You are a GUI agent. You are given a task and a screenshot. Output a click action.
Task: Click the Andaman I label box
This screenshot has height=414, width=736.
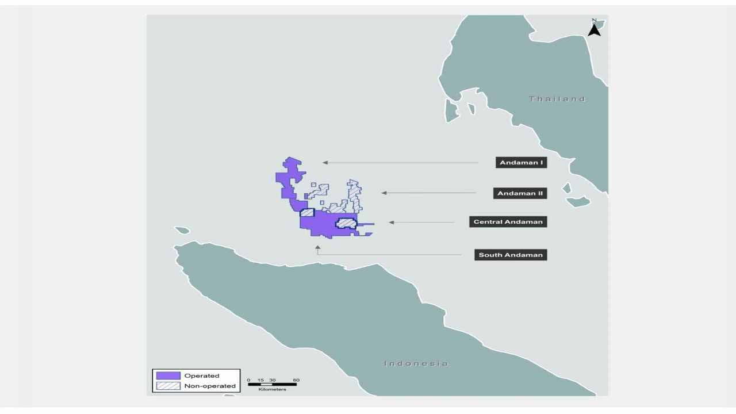click(x=521, y=163)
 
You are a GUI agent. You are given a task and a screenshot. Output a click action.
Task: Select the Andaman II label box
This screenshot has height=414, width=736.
click(x=520, y=193)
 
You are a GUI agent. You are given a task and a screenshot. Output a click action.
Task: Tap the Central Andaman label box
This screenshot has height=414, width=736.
click(x=508, y=222)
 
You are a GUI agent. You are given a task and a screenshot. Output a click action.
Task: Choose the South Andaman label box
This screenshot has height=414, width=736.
click(x=511, y=255)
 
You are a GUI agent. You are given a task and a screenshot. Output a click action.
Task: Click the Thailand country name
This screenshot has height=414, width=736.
click(x=557, y=99)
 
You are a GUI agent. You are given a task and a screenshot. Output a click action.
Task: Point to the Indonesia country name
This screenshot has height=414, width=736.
click(x=416, y=363)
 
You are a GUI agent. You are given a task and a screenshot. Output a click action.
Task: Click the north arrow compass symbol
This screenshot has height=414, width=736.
click(x=594, y=28)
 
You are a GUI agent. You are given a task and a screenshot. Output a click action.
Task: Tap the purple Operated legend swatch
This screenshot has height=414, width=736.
click(x=167, y=376)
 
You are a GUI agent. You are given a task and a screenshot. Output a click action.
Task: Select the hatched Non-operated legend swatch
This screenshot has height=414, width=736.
click(x=167, y=386)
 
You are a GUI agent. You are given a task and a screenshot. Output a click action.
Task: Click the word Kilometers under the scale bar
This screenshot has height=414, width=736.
click(x=272, y=390)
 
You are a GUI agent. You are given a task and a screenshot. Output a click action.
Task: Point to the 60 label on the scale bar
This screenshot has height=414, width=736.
click(x=296, y=380)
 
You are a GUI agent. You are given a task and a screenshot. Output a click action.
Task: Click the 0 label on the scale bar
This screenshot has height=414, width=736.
click(x=248, y=380)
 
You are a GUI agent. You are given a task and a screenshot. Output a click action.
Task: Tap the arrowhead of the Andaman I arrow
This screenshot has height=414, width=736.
click(x=325, y=163)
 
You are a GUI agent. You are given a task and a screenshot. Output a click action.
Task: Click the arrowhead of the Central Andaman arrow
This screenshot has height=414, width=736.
click(x=391, y=222)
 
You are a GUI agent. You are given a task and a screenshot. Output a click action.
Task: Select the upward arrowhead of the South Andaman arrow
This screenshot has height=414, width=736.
click(x=317, y=247)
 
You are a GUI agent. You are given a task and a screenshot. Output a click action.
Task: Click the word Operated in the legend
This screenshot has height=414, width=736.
click(x=202, y=376)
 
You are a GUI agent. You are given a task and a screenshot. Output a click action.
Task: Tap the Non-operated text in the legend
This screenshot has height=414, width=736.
click(x=210, y=386)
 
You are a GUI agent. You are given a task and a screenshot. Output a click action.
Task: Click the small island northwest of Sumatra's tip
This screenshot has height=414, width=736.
click(x=182, y=231)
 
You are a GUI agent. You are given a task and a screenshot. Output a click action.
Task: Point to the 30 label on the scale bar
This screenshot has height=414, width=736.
click(x=273, y=380)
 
